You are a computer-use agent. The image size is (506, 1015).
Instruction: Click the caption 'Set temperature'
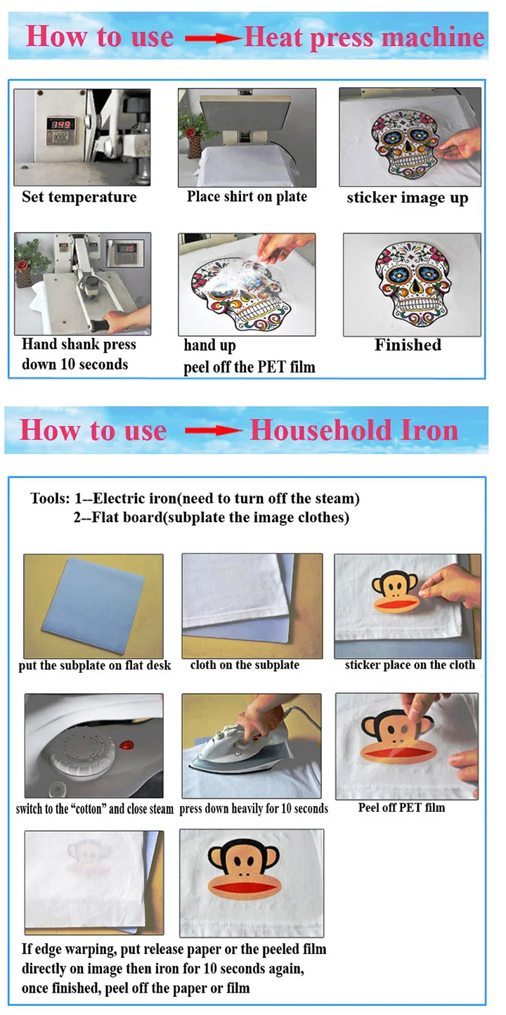click(79, 197)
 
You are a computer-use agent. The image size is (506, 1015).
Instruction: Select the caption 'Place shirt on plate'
click(247, 197)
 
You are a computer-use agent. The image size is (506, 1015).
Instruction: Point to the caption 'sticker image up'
click(407, 198)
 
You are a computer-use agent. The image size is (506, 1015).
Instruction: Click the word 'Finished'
click(408, 345)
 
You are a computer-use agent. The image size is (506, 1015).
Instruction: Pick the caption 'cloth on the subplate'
click(245, 665)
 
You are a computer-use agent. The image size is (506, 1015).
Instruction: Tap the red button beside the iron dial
click(128, 744)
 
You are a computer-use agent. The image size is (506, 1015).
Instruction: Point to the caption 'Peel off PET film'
click(401, 808)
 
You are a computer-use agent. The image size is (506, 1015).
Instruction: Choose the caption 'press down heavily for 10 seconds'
click(254, 809)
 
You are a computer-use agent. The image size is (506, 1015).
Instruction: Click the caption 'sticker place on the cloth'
click(410, 665)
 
